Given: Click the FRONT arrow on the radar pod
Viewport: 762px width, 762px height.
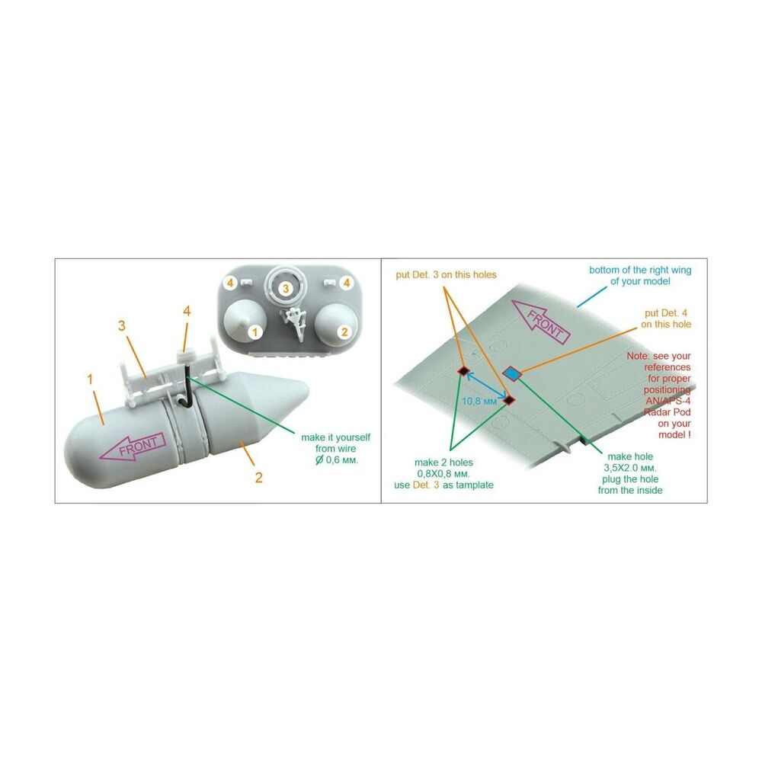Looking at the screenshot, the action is [x=133, y=446].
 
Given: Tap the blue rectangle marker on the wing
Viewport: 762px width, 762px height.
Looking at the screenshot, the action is [x=512, y=373].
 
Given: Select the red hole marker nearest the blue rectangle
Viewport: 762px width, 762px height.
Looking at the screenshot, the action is [x=509, y=400].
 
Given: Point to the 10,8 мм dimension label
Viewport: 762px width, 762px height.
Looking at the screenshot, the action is [x=479, y=402].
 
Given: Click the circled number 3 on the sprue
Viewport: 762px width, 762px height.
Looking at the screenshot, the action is [x=286, y=289].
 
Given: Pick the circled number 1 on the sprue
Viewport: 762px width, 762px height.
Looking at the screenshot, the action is [x=255, y=333].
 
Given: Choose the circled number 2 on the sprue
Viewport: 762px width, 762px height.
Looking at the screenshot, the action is [x=344, y=332].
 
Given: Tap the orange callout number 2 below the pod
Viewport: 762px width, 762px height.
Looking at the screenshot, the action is [x=258, y=478].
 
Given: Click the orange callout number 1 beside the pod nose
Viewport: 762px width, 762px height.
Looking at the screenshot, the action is [x=89, y=379].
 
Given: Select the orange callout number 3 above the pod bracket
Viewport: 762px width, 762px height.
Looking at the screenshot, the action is [x=122, y=325].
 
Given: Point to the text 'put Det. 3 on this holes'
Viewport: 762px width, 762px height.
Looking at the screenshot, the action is [x=446, y=274].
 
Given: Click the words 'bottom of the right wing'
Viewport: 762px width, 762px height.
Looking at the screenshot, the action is [x=640, y=270].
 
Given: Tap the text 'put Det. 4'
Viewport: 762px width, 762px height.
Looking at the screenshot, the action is [x=666, y=313].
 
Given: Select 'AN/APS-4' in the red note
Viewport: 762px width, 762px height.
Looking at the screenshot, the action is [x=668, y=401].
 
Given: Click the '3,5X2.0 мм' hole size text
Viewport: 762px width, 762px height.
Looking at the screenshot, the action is [x=630, y=468].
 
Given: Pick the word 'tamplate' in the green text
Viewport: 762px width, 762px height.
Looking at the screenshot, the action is [x=473, y=485].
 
